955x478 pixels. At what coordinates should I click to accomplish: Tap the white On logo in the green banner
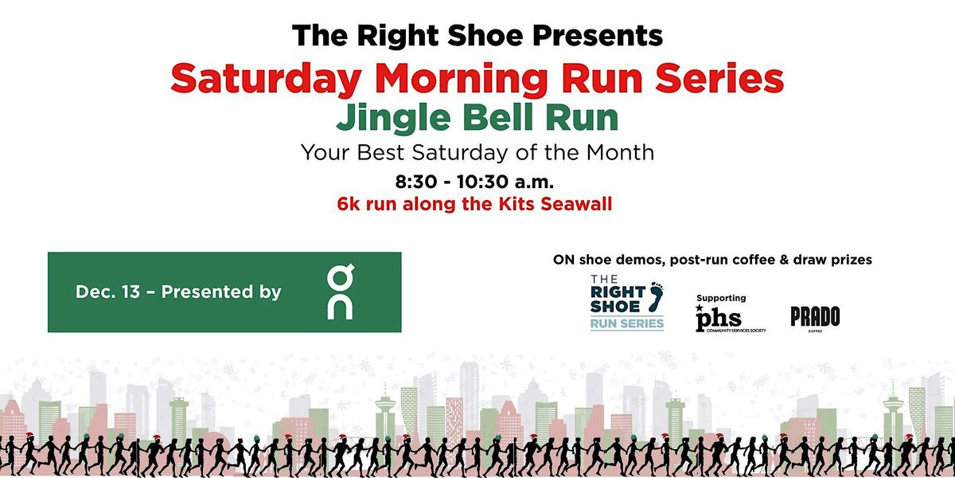[x=340, y=292]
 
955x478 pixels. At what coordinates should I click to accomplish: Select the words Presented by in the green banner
[x=221, y=292]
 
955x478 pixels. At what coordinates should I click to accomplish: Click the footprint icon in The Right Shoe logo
[x=656, y=297]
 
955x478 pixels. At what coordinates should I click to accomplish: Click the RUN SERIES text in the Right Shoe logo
[x=626, y=323]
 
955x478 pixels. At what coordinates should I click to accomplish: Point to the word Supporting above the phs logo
[x=721, y=298]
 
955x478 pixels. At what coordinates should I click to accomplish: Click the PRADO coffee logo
[x=814, y=317]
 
